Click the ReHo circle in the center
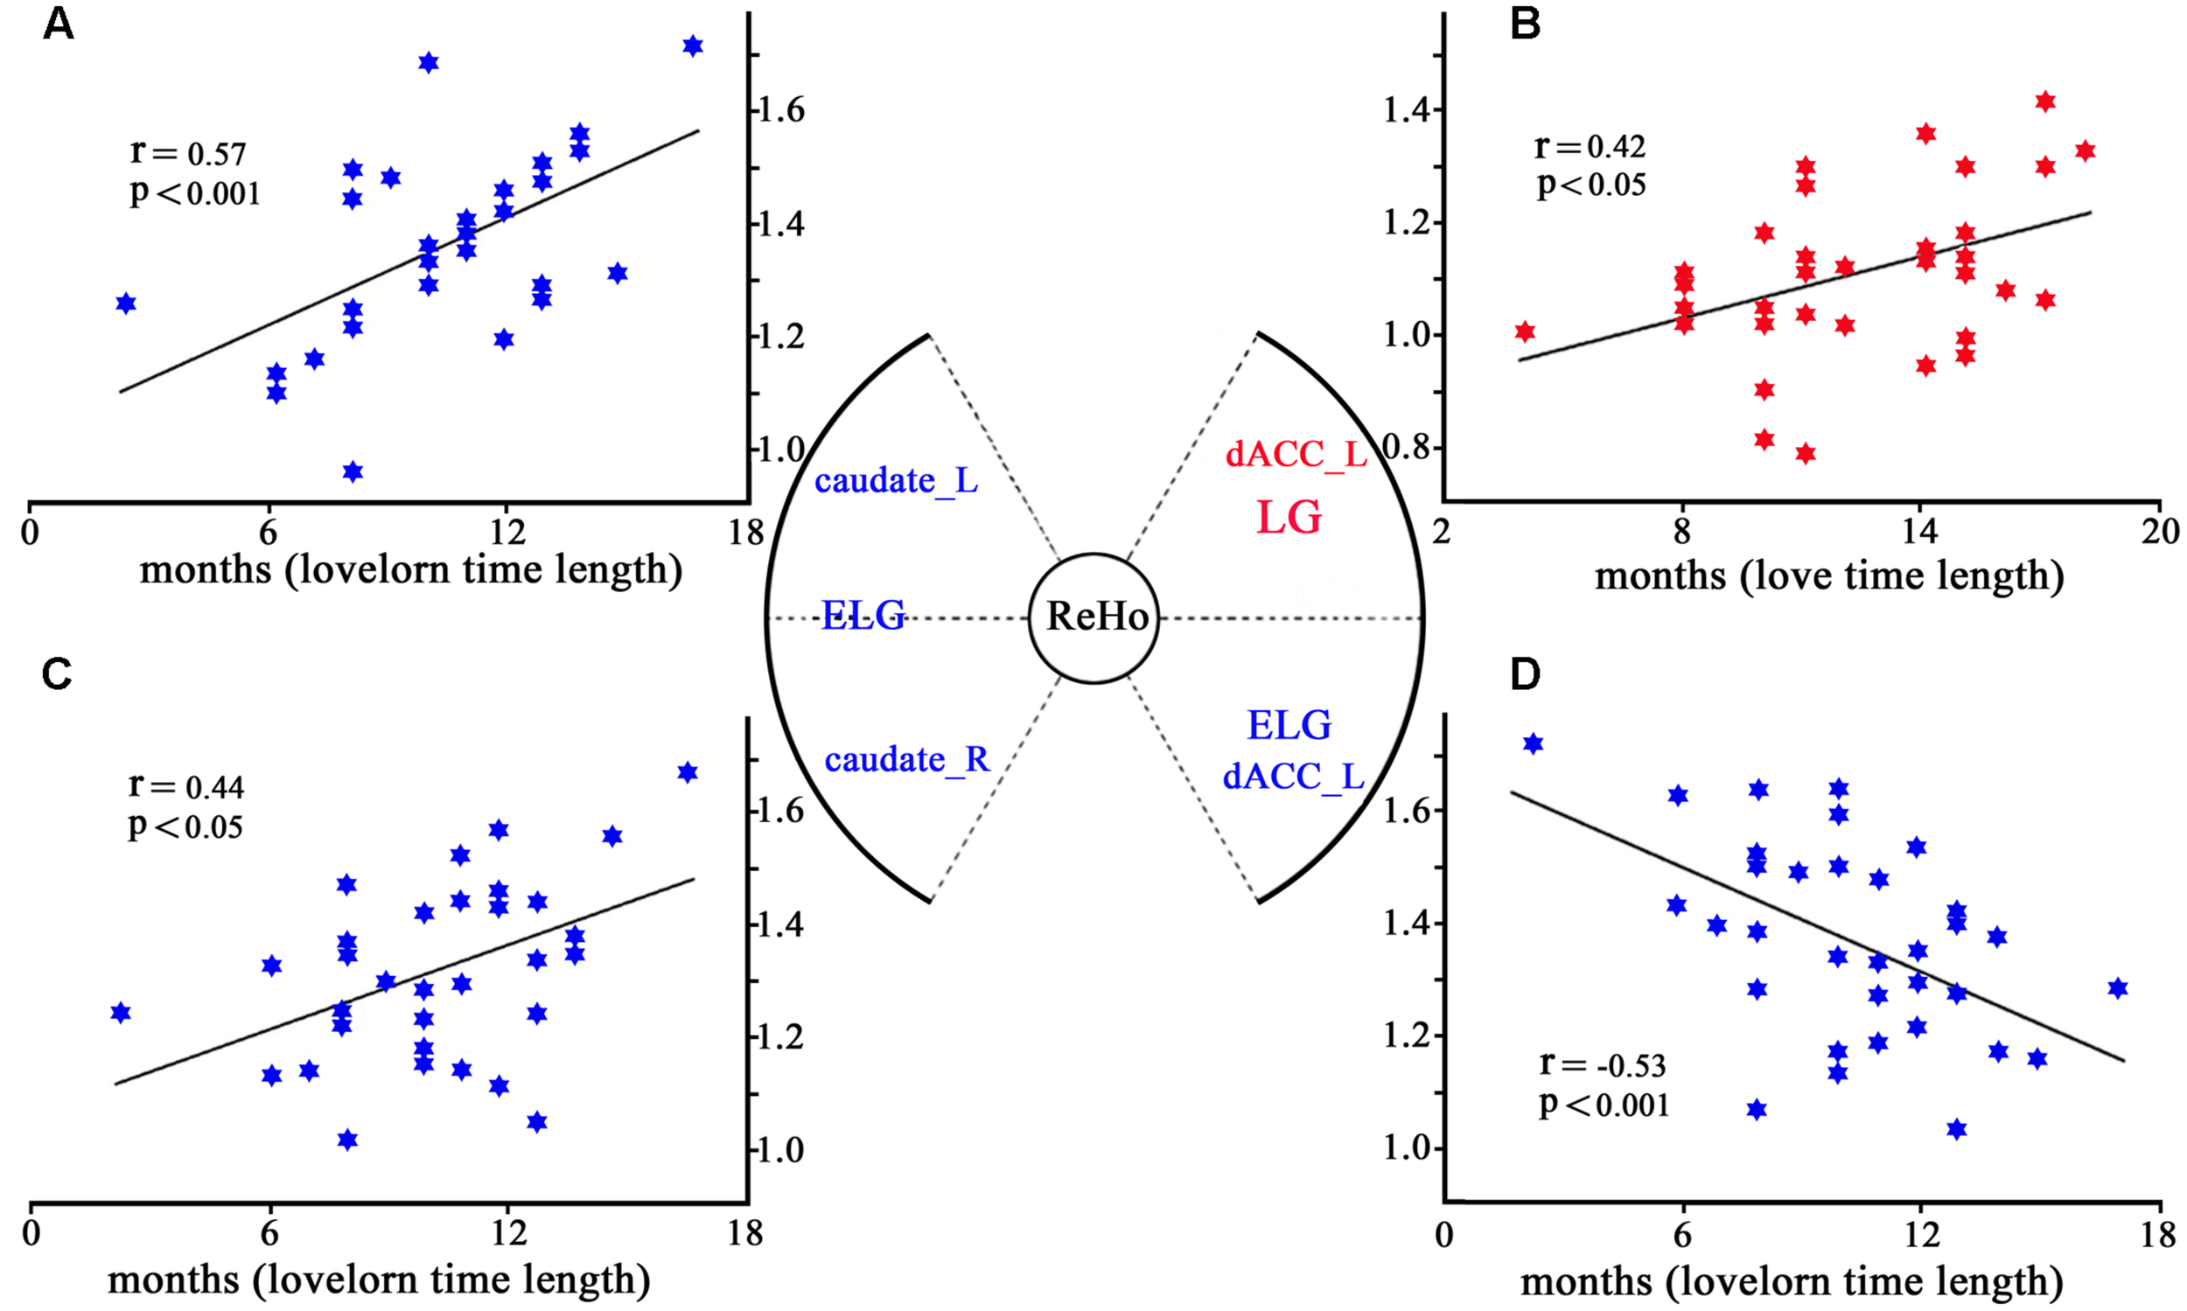click(1094, 617)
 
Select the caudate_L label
click(896, 482)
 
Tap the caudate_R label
click(906, 760)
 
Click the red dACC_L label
click(1296, 454)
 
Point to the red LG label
click(1289, 518)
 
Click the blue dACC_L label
click(1294, 777)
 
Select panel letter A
click(59, 24)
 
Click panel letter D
click(1525, 675)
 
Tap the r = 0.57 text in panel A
click(188, 153)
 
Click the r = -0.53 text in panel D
click(1602, 1064)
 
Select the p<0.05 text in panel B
click(1591, 185)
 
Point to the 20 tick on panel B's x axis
click(2160, 532)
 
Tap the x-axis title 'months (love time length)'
click(1829, 576)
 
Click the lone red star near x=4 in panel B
click(1525, 332)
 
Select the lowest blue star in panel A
click(353, 471)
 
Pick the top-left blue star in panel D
click(1534, 744)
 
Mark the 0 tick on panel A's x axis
click(30, 533)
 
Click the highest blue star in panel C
click(688, 773)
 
